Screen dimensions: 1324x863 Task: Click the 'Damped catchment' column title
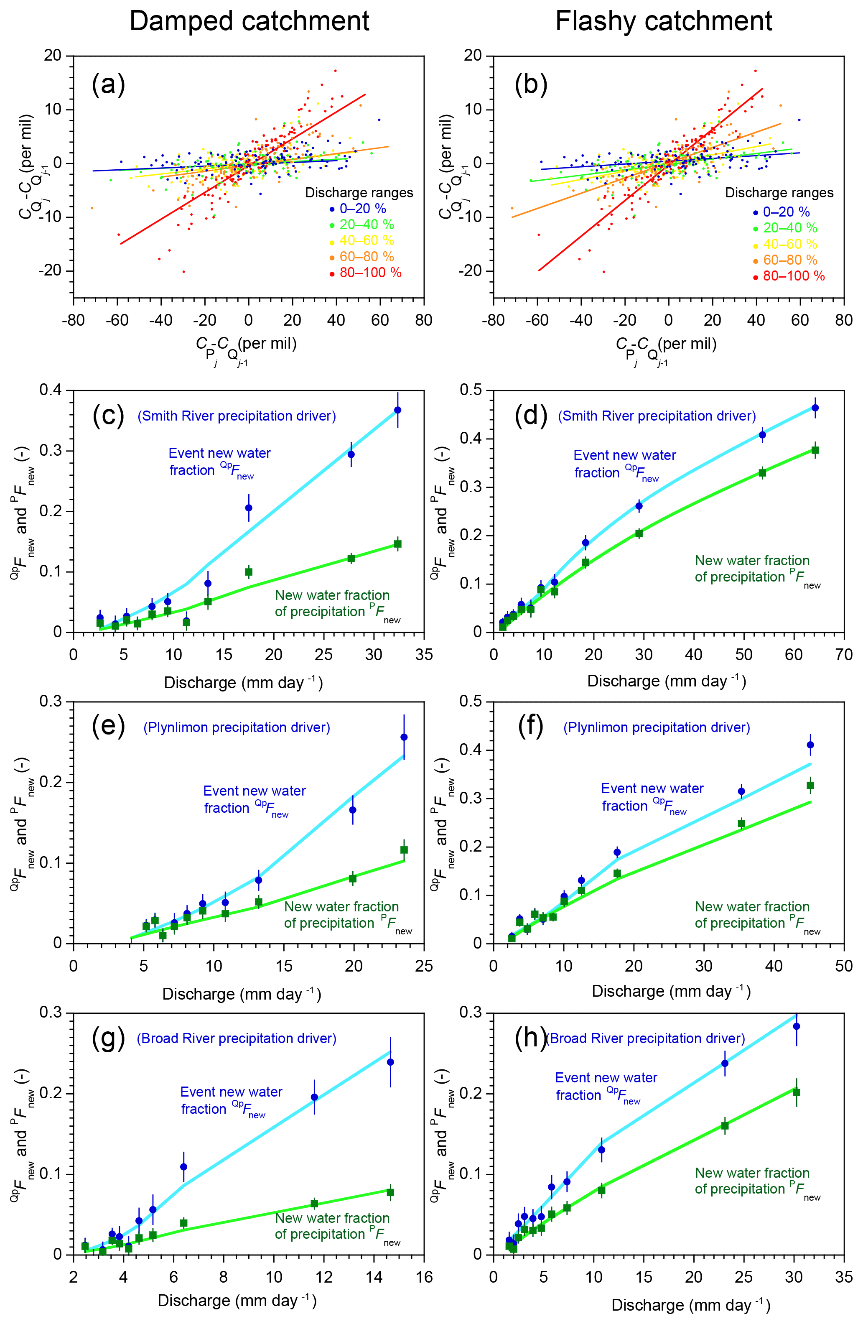(x=249, y=21)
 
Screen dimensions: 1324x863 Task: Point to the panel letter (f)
(x=530, y=726)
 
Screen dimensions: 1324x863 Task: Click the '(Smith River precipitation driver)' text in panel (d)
(x=657, y=416)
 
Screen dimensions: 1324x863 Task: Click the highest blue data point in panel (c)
(x=397, y=410)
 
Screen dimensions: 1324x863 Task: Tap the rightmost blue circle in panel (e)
(x=404, y=737)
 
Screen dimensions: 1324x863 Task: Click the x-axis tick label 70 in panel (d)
(x=843, y=655)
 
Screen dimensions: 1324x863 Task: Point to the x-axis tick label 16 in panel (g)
(x=424, y=1277)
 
